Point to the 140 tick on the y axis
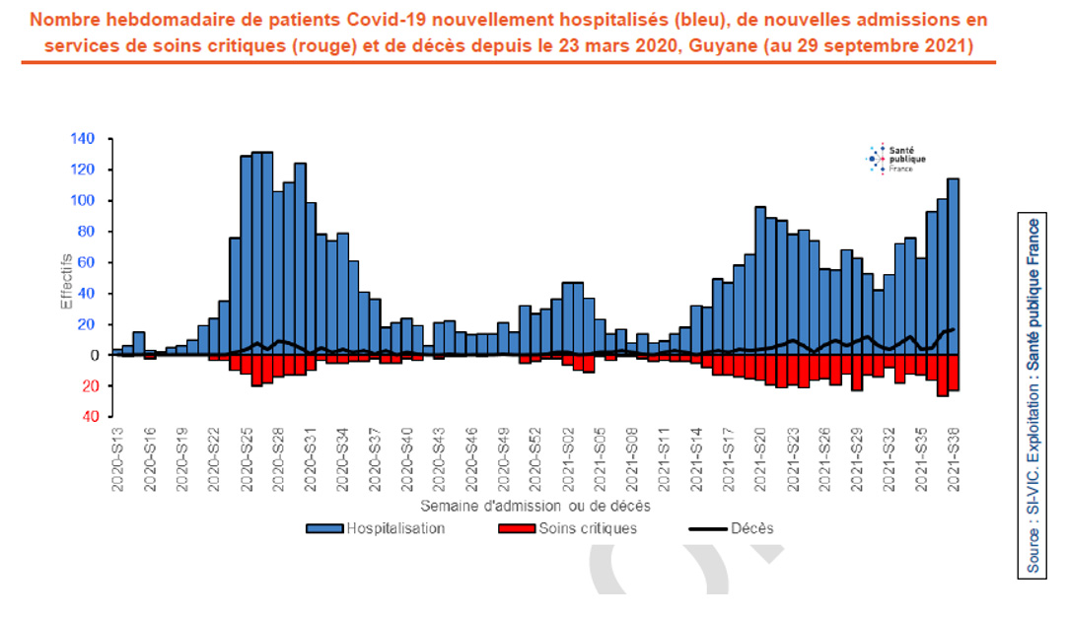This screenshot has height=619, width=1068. point(82,139)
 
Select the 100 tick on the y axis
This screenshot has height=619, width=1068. point(82,201)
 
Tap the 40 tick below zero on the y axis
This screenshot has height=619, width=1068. point(86,417)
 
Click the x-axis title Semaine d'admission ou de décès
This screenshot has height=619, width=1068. point(534,505)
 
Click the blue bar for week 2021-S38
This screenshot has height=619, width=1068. point(954,266)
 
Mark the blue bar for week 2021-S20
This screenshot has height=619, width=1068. point(760,281)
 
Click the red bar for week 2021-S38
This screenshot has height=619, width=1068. point(954,373)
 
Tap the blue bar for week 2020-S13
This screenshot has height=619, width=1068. point(117,352)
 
